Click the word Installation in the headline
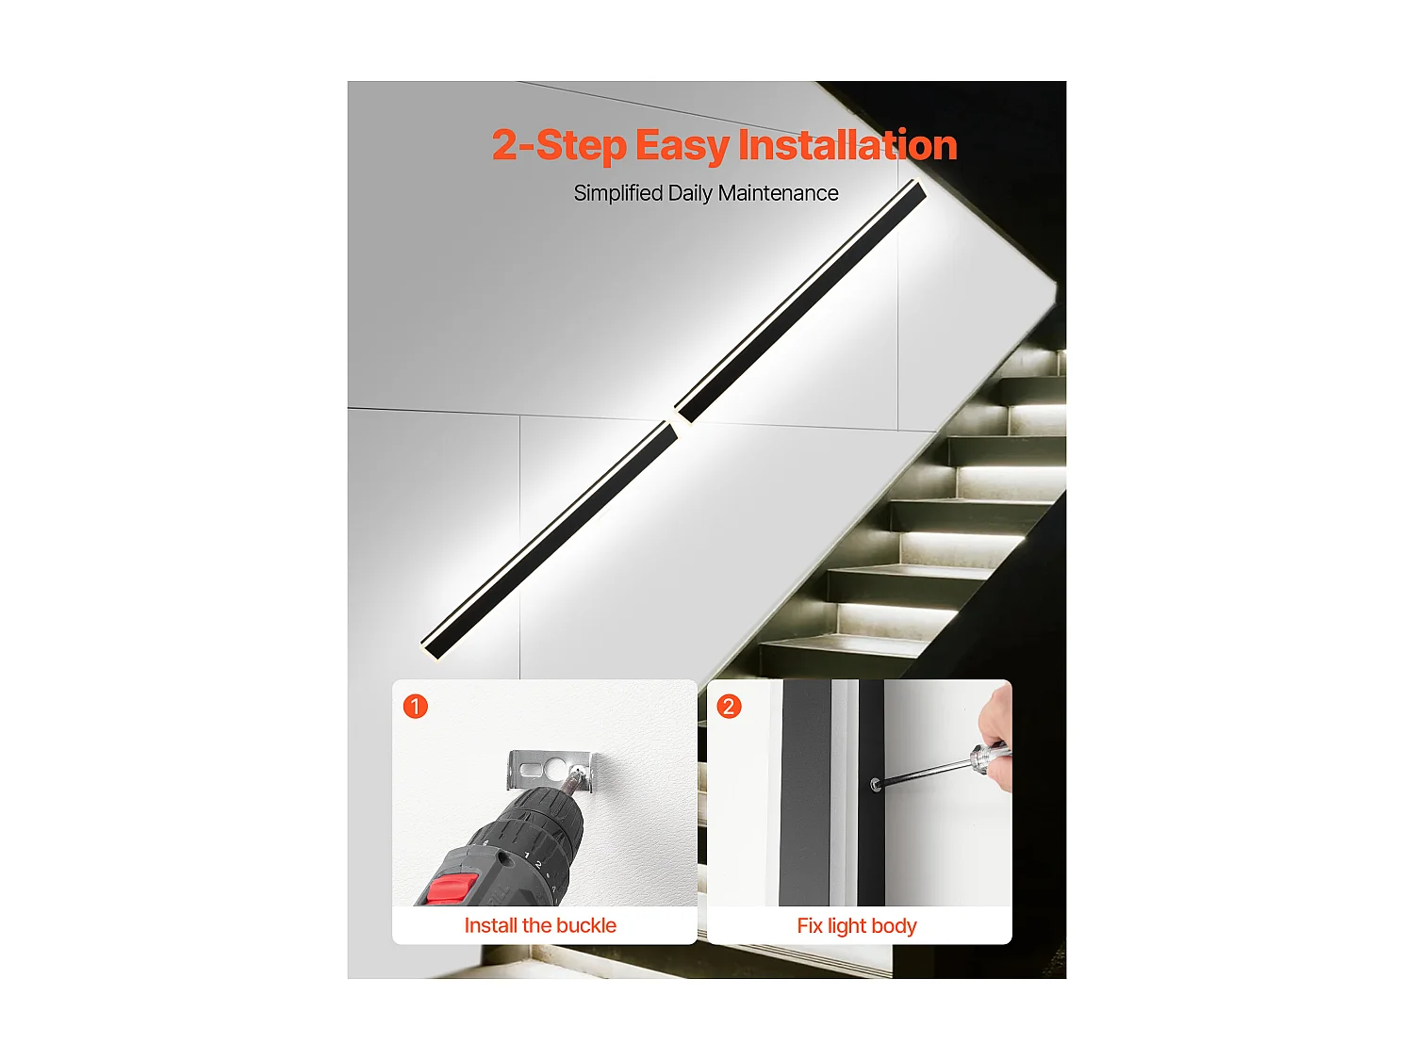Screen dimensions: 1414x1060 point(847,145)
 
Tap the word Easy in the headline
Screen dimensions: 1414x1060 point(682,146)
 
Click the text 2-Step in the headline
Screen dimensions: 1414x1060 point(559,146)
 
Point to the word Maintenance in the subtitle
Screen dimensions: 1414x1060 point(779,193)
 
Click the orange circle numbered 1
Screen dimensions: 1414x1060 point(416,706)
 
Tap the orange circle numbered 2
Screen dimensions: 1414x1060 point(730,706)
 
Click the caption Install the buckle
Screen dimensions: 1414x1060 point(540,925)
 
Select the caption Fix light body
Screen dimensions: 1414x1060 point(857,926)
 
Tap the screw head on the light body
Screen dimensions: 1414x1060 point(875,784)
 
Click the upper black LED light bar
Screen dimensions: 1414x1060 point(801,302)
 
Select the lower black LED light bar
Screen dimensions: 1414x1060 point(550,540)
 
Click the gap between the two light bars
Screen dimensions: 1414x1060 point(676,421)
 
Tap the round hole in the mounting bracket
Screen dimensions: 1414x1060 point(554,768)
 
